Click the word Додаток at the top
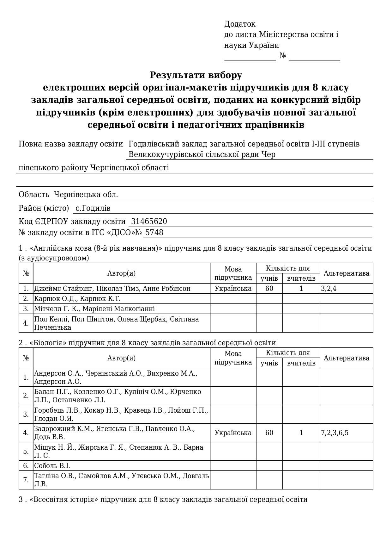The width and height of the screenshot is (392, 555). pyautogui.click(x=240, y=24)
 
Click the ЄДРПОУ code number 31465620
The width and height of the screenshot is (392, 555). pyautogui.click(x=149, y=221)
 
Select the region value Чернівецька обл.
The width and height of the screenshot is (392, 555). pyautogui.click(x=86, y=195)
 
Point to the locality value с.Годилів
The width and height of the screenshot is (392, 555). pyautogui.click(x=93, y=208)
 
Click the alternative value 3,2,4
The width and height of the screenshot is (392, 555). pyautogui.click(x=329, y=289)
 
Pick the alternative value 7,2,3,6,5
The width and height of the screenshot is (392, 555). pyautogui.click(x=335, y=433)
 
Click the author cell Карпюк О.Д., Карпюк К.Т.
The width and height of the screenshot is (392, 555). pyautogui.click(x=77, y=299)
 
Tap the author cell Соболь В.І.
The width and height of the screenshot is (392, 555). pyautogui.click(x=52, y=466)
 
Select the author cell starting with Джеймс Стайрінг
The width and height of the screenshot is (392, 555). pyautogui.click(x=112, y=289)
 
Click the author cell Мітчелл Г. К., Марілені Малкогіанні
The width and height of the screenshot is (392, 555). pyautogui.click(x=94, y=309)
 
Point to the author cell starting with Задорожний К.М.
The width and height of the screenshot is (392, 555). pyautogui.click(x=114, y=433)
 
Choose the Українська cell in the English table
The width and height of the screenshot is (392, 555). pyautogui.click(x=233, y=289)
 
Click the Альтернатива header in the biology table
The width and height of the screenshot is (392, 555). pyautogui.click(x=346, y=358)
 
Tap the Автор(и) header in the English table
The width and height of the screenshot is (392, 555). pyautogui.click(x=121, y=273)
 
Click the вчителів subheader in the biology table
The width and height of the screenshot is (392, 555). pyautogui.click(x=301, y=363)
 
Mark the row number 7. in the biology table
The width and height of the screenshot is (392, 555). pyautogui.click(x=26, y=480)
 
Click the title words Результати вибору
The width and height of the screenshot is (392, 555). pyautogui.click(x=196, y=75)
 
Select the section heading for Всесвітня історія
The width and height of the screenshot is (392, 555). pyautogui.click(x=163, y=500)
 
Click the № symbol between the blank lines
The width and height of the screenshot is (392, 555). pyautogui.click(x=283, y=56)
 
